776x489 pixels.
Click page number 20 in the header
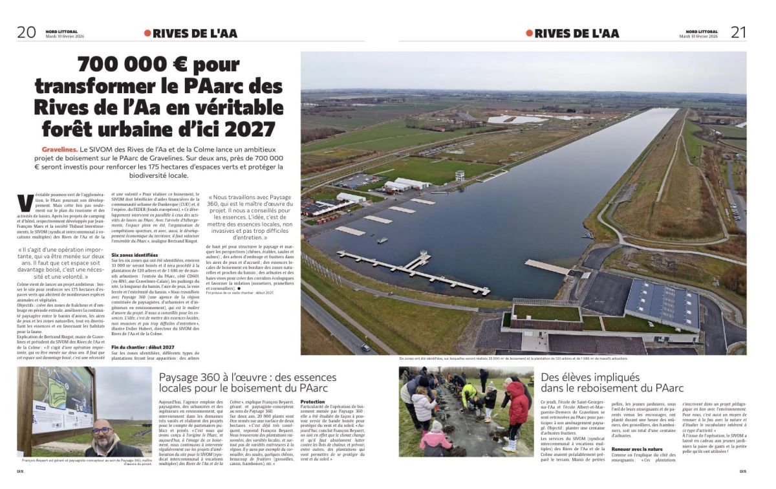pyautogui.click(x=27, y=32)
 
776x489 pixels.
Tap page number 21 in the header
pyautogui.click(x=738, y=32)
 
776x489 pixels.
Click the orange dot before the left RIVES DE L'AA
pyautogui.click(x=147, y=33)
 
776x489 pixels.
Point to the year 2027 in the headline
pyautogui.click(x=247, y=129)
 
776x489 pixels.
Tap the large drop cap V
pyautogui.click(x=25, y=202)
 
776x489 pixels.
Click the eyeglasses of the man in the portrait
pyautogui.click(x=101, y=430)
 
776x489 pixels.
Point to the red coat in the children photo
pyautogui.click(x=518, y=402)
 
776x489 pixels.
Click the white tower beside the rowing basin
pyautogui.click(x=459, y=175)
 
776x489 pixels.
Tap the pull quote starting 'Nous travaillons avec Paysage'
pyautogui.click(x=251, y=217)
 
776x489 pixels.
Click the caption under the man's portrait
pyautogui.click(x=81, y=461)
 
